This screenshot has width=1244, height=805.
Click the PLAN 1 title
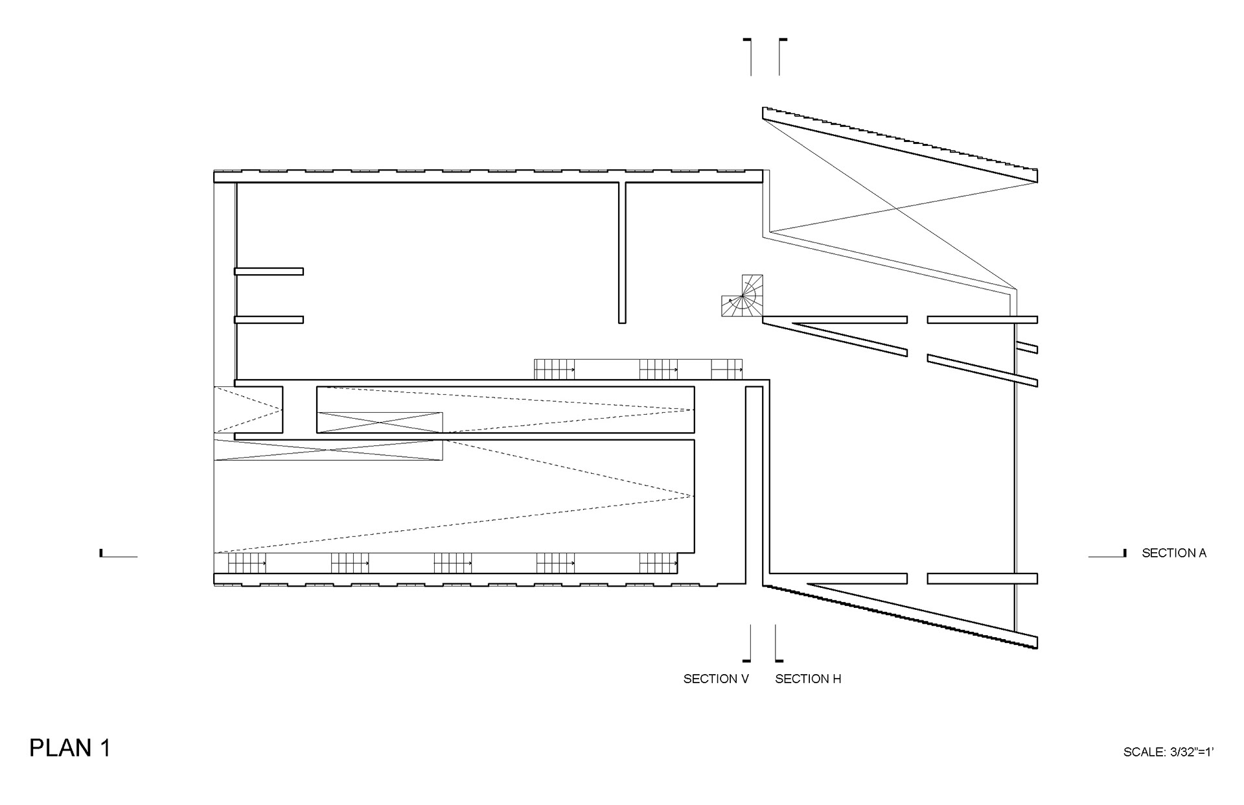tap(70, 748)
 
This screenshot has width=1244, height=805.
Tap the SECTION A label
tap(1173, 553)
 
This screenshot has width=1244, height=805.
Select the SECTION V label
tap(716, 679)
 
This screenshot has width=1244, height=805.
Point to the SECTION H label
tap(808, 679)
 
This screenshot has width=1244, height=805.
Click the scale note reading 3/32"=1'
tap(1168, 752)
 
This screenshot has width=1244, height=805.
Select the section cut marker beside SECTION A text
tap(1107, 554)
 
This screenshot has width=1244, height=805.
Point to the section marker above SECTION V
tap(749, 643)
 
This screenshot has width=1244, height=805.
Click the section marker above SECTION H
tap(777, 643)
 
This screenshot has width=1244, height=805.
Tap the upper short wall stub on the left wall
tap(269, 272)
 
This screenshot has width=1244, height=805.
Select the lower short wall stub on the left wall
tap(269, 320)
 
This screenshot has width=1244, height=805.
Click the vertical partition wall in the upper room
tap(622, 253)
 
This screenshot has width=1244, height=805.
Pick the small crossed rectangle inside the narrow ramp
tap(380, 422)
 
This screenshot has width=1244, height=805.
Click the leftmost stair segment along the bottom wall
tap(247, 563)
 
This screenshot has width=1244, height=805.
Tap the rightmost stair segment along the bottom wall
tap(658, 563)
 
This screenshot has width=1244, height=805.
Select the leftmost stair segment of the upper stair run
tap(555, 369)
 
